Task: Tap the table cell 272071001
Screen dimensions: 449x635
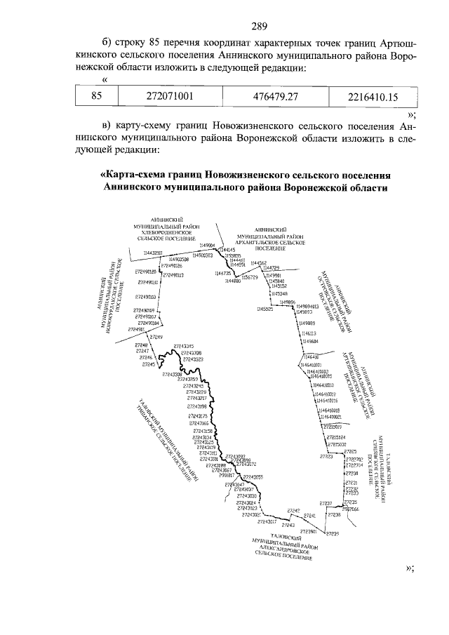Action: point(165,95)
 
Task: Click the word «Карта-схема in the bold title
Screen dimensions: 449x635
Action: point(138,174)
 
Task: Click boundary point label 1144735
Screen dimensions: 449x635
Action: point(227,273)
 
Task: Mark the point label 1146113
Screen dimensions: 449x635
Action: point(309,333)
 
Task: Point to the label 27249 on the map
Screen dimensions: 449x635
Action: point(143,337)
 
